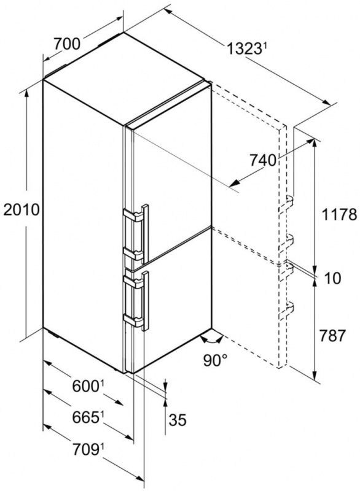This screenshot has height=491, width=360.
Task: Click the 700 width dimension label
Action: tap(67, 44)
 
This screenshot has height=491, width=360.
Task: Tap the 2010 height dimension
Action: tap(22, 209)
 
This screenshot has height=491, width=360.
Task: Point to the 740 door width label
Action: tap(263, 161)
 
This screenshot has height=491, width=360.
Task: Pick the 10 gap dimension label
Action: tap(333, 278)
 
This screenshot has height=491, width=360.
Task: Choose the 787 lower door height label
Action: tap(332, 336)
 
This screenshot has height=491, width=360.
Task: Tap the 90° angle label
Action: tap(215, 360)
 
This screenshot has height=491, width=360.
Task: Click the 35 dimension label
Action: tap(178, 420)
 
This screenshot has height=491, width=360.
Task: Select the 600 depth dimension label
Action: tap(86, 386)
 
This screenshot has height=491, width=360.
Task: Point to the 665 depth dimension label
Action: tap(86, 417)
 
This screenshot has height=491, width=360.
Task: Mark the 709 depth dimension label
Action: tap(86, 450)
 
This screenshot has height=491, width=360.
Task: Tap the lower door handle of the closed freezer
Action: tap(146, 301)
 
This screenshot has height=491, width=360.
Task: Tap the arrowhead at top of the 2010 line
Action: tap(27, 93)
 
